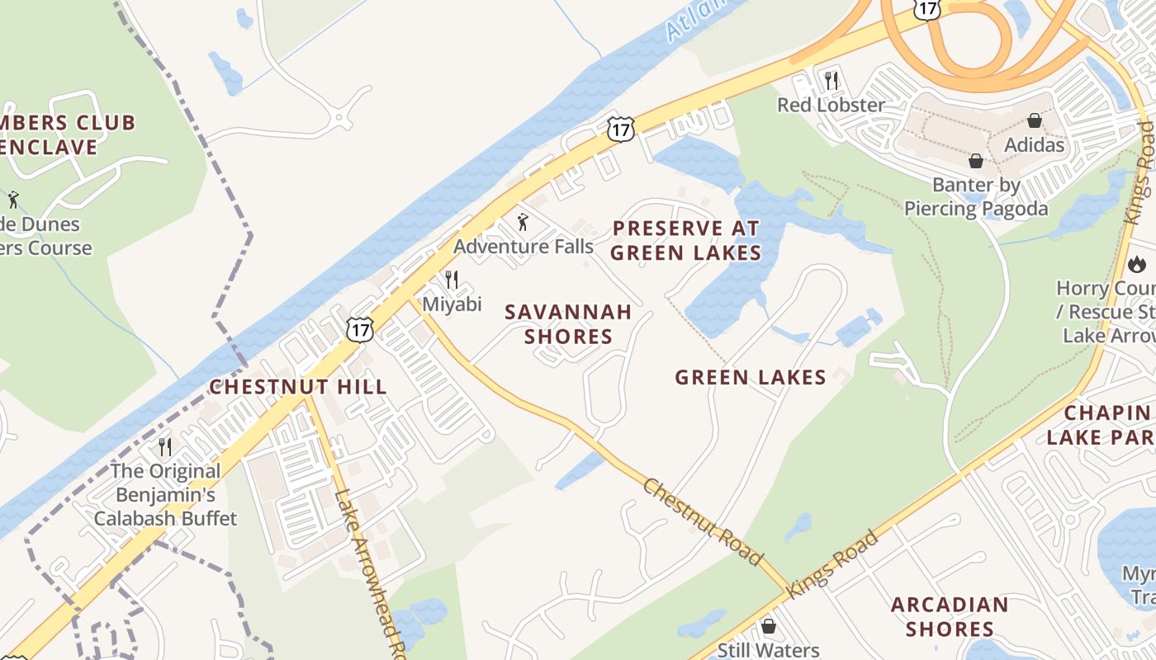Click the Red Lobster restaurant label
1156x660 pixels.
click(831, 105)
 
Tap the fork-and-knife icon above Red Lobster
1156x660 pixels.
click(831, 81)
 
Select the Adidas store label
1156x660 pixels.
click(1034, 144)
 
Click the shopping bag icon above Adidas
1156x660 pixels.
click(1034, 121)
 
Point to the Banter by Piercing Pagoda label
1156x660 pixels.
click(976, 196)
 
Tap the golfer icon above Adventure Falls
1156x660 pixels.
click(522, 222)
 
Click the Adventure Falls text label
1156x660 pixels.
click(523, 246)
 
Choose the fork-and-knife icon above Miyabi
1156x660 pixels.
click(451, 280)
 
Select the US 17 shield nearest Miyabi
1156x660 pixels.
click(360, 329)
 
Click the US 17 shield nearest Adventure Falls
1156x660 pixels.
click(620, 129)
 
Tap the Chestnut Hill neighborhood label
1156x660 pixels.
click(297, 387)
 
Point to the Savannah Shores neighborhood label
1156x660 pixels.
click(568, 324)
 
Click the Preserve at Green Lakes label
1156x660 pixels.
click(685, 240)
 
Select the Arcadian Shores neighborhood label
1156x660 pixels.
click(950, 616)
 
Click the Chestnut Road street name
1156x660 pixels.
click(702, 521)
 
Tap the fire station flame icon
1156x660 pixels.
click(1137, 265)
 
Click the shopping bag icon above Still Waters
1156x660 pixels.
click(769, 627)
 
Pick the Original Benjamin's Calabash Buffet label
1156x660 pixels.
click(165, 495)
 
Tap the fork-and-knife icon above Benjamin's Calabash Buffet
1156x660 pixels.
click(165, 447)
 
